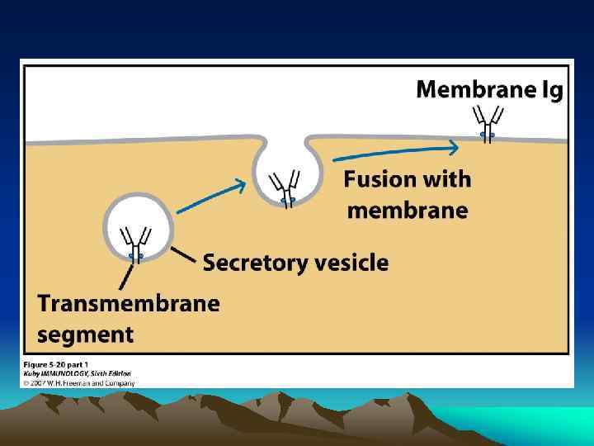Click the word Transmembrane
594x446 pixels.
click(x=129, y=303)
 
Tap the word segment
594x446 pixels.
click(x=85, y=334)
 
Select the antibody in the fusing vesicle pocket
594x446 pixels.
click(x=288, y=187)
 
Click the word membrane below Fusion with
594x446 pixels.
click(x=408, y=211)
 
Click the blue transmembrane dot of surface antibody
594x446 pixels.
click(x=488, y=134)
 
